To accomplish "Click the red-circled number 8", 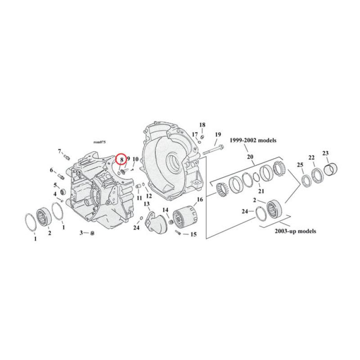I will [121, 159].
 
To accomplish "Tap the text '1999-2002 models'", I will [253, 140].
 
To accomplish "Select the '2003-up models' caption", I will [295, 231].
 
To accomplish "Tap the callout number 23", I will [325, 153].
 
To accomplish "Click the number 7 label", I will [59, 151].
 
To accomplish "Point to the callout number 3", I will [81, 233].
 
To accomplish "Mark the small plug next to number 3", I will [91, 233].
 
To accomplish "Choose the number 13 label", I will [147, 204].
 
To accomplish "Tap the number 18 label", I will [202, 125].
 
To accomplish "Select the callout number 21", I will [261, 191].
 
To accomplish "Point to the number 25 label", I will [300, 165].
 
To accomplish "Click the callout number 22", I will [311, 157].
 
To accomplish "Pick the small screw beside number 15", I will [180, 233].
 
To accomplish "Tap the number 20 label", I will [250, 157].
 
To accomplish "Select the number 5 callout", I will [56, 185].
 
